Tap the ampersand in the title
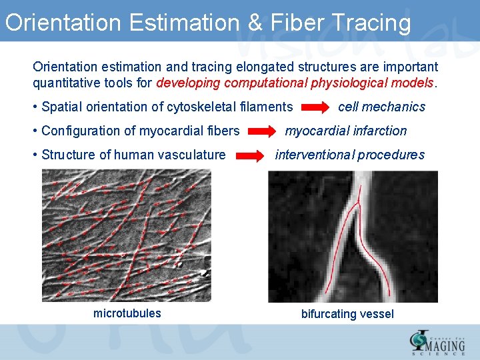click(255, 23)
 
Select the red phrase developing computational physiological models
click(295, 83)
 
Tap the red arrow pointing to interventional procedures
click(251, 156)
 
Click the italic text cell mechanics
click(381, 107)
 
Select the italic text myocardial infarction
click(345, 131)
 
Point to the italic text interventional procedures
click(349, 155)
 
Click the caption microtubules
click(127, 313)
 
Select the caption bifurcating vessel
click(347, 314)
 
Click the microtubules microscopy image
click(127, 235)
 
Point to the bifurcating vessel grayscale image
click(353, 237)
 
